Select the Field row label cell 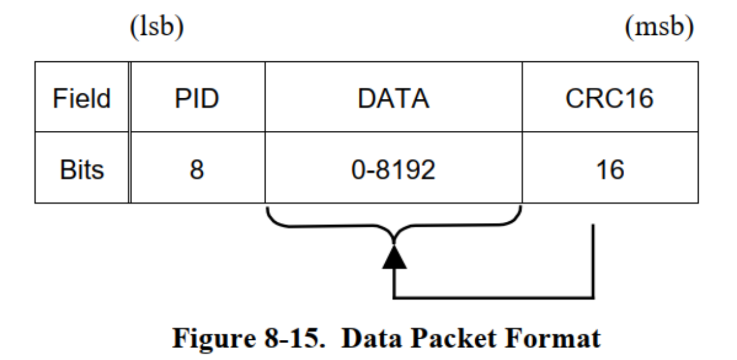click(81, 97)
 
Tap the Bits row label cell click(81, 168)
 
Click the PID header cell click(197, 97)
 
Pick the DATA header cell click(394, 97)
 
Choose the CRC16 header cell click(610, 97)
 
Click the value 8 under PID click(197, 170)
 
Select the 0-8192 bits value click(394, 170)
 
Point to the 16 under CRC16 click(610, 170)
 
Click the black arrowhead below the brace click(394, 257)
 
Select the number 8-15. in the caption click(295, 338)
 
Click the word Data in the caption click(371, 338)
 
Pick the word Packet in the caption click(454, 338)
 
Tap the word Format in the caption click(553, 338)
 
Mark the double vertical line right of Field click(130, 133)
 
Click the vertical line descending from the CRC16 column click(593, 261)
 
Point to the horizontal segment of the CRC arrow click(494, 298)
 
